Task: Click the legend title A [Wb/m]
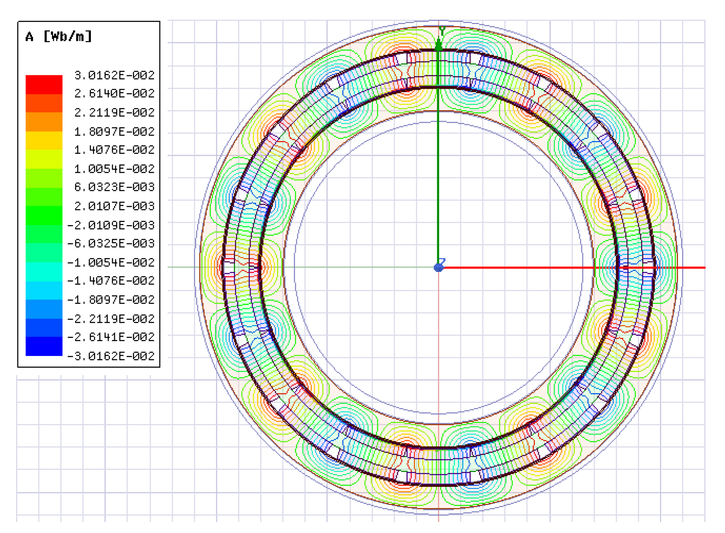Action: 58,37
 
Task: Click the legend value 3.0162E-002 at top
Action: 114,75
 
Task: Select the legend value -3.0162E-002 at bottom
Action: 111,356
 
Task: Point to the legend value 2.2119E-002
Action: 114,112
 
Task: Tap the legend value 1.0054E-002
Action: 114,169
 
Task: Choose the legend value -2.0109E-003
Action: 111,225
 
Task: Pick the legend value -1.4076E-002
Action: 111,280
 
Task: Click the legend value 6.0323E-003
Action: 114,187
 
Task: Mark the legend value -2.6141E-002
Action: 111,337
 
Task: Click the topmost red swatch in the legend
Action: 44,84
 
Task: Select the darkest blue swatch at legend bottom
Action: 44,346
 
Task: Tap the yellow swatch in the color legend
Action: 44,140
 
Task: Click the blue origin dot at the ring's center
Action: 438,267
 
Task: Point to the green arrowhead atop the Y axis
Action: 439,45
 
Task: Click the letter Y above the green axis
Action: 442,30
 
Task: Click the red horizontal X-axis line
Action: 571,267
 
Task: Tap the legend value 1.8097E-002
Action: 114,131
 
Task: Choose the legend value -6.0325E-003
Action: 111,243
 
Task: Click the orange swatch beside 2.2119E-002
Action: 44,122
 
